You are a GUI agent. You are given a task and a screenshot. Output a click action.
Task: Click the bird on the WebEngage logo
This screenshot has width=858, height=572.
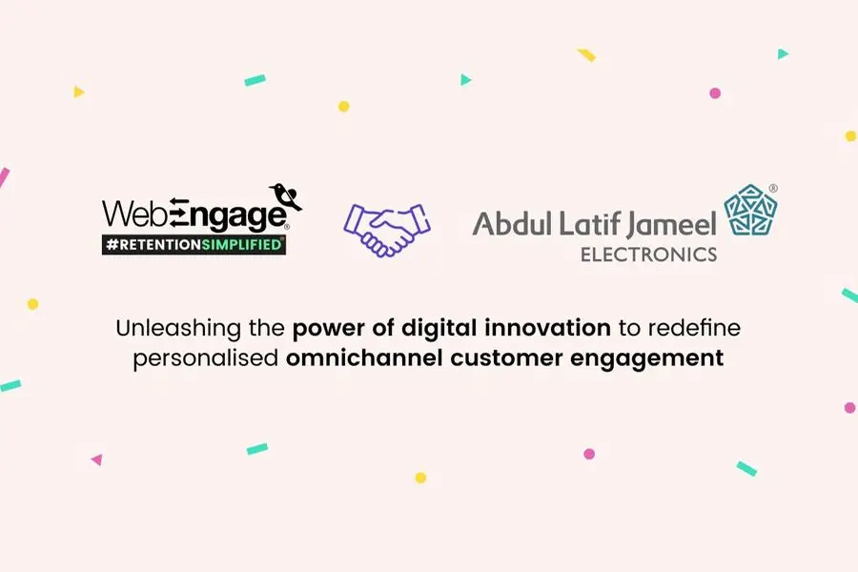coord(286,196)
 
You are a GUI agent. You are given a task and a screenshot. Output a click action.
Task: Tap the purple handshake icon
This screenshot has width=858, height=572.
coord(387,230)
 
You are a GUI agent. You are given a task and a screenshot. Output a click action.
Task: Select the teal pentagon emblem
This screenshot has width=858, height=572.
coord(751,211)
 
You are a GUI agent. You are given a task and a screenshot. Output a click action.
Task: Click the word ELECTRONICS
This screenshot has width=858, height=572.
coord(648,255)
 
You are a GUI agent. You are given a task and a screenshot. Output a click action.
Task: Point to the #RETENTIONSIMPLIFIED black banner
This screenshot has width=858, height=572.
coord(194,245)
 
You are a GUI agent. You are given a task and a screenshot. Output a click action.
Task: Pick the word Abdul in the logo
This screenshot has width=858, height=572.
coord(512,223)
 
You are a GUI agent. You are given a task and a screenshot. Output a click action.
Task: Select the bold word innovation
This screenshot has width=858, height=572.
coord(548,328)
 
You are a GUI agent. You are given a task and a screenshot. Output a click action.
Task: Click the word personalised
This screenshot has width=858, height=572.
coord(206,359)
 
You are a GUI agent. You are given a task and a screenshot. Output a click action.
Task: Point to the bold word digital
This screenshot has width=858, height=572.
coord(439,328)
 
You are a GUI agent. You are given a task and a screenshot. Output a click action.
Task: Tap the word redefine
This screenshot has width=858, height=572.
coord(693,328)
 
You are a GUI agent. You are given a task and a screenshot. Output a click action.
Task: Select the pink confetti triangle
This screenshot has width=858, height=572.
coord(97,460)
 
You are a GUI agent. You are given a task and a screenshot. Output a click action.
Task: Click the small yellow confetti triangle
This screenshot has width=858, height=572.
coord(79,92)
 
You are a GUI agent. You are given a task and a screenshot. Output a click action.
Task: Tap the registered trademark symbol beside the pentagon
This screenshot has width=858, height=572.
coord(773,189)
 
